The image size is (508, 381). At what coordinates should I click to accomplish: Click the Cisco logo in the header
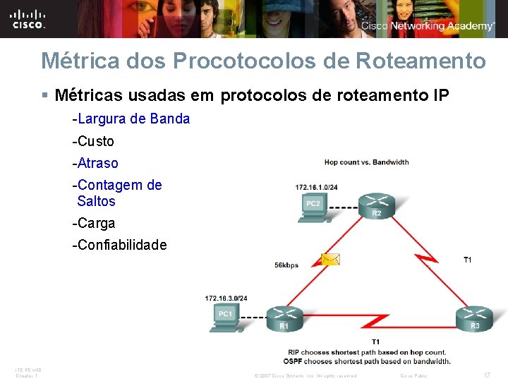[29, 18]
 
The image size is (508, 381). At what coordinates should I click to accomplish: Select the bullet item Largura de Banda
[131, 119]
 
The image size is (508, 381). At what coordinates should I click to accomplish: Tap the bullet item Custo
[93, 141]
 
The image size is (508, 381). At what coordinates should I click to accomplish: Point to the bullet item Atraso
[95, 163]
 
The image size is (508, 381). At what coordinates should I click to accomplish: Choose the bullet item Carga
[94, 223]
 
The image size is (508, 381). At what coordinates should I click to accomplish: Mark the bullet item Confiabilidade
[120, 245]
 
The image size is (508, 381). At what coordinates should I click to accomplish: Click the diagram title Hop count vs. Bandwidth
[366, 162]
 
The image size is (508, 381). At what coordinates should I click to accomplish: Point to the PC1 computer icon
[225, 318]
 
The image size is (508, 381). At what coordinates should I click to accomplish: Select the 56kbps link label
[286, 265]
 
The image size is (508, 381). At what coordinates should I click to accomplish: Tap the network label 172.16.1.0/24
[316, 187]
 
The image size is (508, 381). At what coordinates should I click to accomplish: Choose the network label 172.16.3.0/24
[226, 298]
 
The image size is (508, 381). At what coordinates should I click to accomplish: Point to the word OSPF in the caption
[298, 361]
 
